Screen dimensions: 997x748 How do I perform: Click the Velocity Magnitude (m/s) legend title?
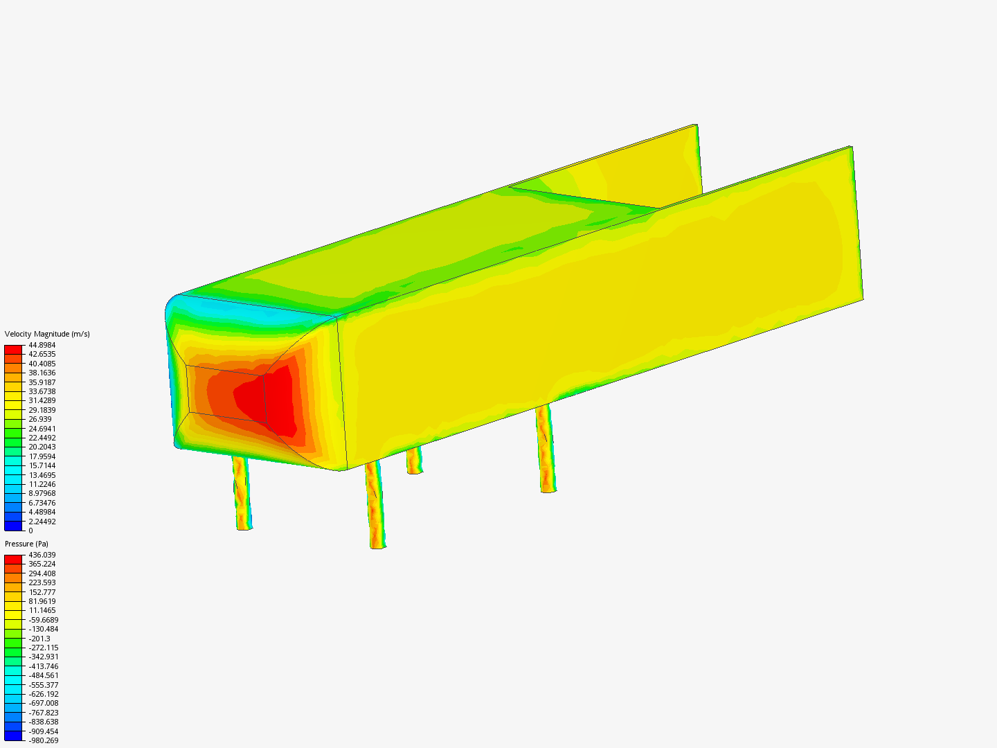click(47, 334)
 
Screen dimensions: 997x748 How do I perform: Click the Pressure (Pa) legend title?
click(26, 544)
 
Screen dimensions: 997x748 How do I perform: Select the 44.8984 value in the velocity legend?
click(42, 345)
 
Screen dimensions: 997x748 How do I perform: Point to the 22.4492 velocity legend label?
click(42, 438)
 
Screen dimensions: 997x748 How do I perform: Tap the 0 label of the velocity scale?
click(30, 531)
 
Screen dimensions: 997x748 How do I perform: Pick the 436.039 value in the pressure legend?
click(42, 555)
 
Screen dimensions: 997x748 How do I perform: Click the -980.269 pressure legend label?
click(43, 740)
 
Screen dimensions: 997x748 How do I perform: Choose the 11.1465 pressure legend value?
click(42, 610)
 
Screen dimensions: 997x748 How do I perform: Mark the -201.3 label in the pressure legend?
click(39, 639)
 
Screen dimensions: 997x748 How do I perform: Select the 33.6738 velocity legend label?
click(42, 391)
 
